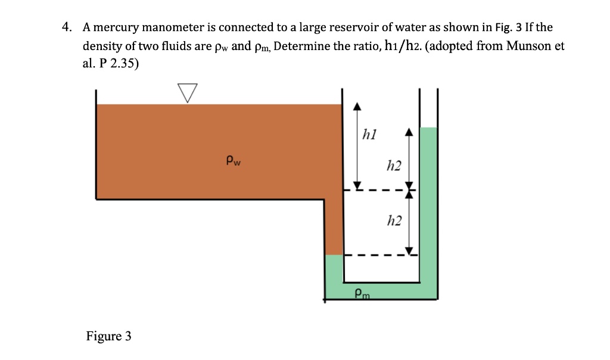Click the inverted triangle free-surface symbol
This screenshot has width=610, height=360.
point(187,92)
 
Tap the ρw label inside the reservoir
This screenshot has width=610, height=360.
point(233,160)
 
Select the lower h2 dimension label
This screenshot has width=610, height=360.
point(394,222)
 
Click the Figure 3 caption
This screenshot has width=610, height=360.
point(108,336)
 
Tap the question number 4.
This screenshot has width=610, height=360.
point(69,27)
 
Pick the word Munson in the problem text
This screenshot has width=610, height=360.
point(530,46)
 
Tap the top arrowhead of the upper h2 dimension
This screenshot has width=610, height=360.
point(409,132)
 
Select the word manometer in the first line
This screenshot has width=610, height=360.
point(179,27)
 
